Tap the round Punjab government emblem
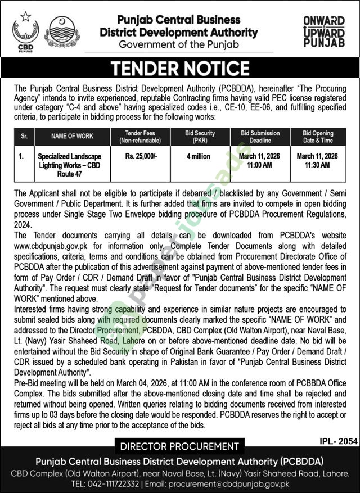click(62, 31)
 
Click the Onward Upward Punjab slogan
click(323, 31)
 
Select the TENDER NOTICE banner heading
click(180, 68)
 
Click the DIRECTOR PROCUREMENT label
click(180, 447)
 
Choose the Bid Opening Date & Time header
click(318, 137)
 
